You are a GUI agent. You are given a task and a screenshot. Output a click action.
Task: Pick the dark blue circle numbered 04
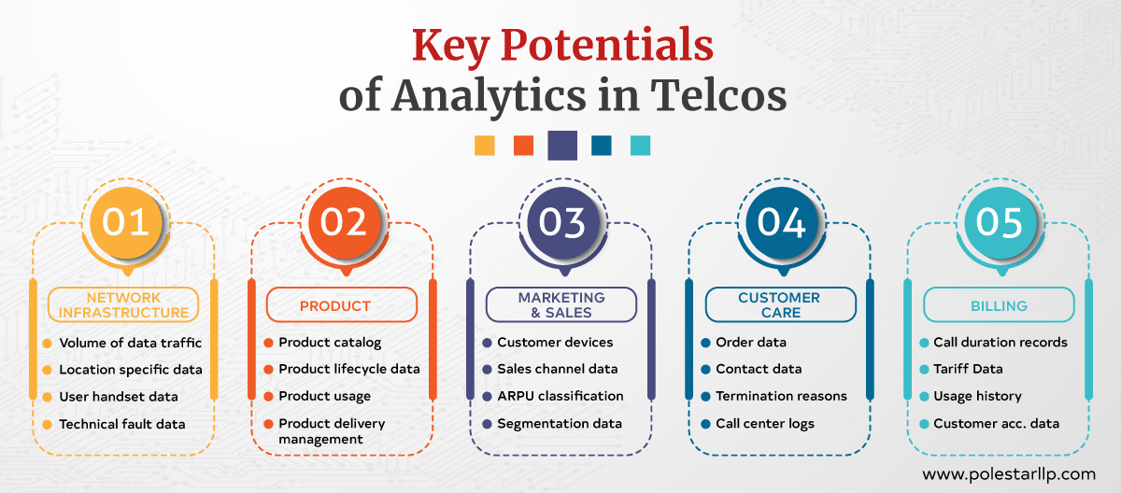coord(781,222)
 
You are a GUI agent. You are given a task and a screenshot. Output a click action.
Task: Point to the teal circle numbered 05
coord(999,222)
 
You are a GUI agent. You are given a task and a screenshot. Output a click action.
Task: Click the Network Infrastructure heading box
coord(124,305)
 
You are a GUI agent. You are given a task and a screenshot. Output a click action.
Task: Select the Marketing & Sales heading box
coord(561,305)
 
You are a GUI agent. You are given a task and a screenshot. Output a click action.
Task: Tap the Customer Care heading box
coord(780,305)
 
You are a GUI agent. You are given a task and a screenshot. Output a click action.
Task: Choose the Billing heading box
coord(999,305)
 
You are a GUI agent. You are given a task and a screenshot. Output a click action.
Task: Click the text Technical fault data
coord(122,424)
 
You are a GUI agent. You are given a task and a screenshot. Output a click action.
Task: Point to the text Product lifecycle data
coord(349,369)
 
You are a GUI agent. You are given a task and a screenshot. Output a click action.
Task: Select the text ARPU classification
coord(560,396)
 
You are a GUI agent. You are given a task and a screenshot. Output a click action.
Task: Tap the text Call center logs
coord(765,424)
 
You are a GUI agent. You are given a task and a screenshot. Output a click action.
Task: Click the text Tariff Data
coord(968,369)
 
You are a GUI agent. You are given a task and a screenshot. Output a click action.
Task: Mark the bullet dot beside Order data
coord(706,343)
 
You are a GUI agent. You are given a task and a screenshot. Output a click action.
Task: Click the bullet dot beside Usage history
coord(925,397)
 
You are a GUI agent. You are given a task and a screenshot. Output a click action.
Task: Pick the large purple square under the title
coord(562,146)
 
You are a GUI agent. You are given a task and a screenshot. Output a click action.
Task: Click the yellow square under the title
coord(484,146)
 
